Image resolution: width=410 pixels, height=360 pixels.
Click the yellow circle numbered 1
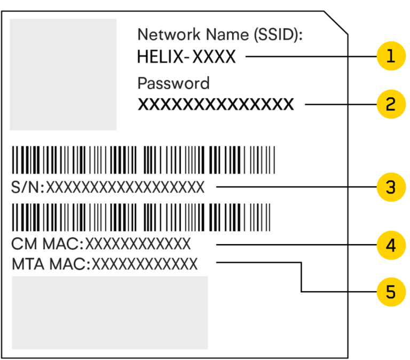click(391, 56)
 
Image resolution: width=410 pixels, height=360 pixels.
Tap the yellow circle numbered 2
click(391, 104)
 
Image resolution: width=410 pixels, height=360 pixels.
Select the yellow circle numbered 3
click(391, 187)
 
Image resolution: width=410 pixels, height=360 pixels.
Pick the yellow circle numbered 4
click(391, 245)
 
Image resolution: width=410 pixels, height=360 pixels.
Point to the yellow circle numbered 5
click(391, 292)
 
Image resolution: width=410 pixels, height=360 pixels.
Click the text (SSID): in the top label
click(278, 35)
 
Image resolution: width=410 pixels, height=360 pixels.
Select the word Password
click(173, 83)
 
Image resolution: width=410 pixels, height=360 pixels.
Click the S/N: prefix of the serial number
click(28, 187)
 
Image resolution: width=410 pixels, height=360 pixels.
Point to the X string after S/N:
click(125, 187)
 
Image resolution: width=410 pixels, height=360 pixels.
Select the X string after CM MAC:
click(138, 245)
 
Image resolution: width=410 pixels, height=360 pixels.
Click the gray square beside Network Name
click(63, 74)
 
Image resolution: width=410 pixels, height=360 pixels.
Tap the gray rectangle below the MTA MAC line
click(110, 312)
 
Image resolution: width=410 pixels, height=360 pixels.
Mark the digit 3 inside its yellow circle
click(391, 187)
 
